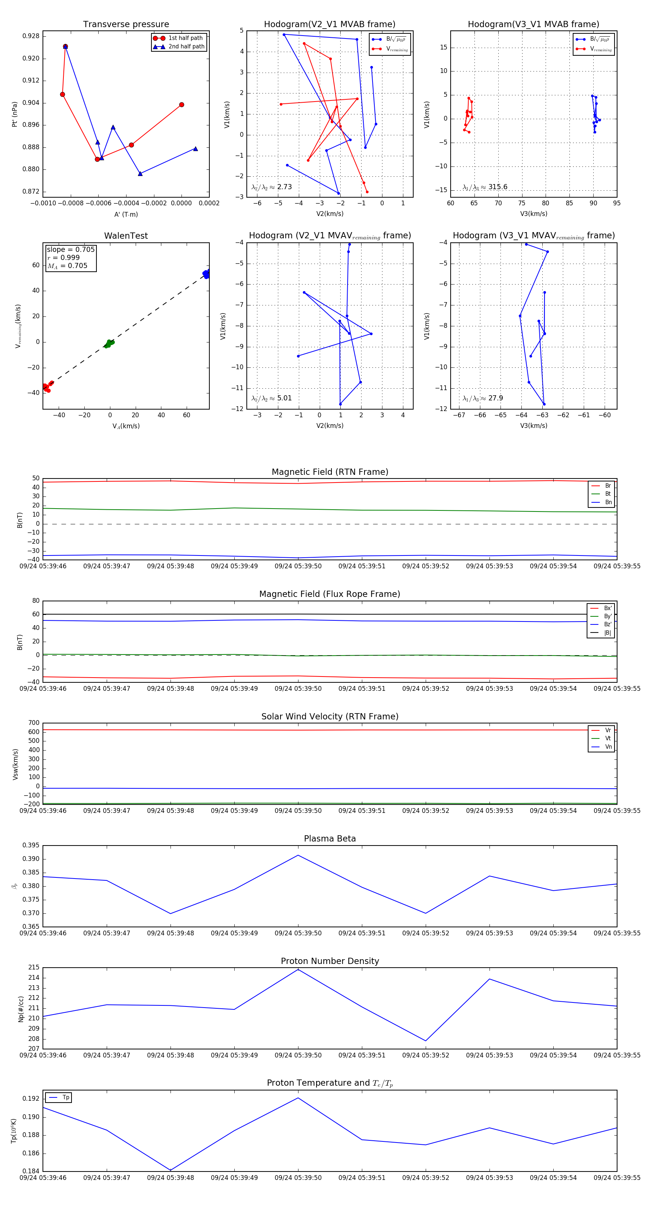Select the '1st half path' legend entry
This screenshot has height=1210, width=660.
point(186,38)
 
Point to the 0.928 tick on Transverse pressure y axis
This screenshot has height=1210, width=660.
point(31,36)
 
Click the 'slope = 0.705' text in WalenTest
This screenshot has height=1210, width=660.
point(70,249)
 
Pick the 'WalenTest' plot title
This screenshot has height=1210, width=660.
point(126,236)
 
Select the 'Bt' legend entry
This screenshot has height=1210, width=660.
point(608,494)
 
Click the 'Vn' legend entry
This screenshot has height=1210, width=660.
point(608,747)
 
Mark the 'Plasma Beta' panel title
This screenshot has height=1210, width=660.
point(330,839)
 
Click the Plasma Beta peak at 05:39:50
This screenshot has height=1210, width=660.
point(298,855)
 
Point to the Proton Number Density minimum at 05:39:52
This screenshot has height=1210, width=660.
point(426,1041)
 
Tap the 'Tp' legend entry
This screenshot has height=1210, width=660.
point(66,1097)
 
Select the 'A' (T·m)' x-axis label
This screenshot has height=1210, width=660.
point(126,214)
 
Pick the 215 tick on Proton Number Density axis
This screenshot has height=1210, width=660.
point(34,968)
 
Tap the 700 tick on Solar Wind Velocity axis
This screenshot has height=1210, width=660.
point(34,723)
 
